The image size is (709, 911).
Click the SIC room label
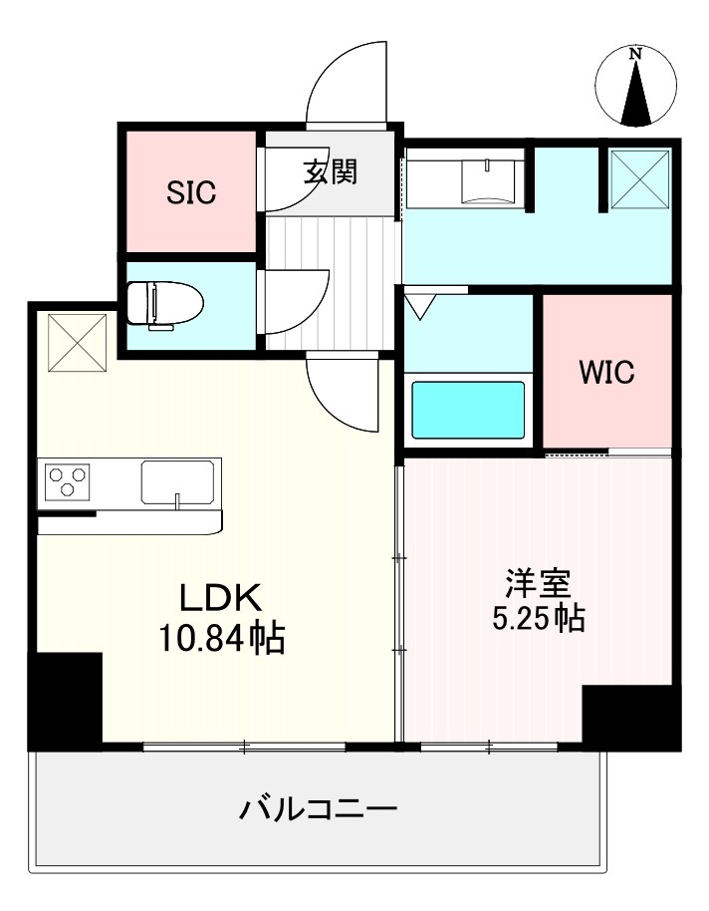pos(190,192)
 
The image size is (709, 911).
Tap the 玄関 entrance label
pos(330,171)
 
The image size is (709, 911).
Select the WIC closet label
pos(606,373)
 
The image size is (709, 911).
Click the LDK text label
pos(220,598)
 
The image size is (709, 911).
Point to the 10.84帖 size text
pos(222,638)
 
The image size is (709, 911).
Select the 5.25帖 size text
pos(538,619)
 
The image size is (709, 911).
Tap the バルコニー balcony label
pos(318,806)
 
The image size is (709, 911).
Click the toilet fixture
pos(164,303)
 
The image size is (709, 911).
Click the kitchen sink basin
pos(180,483)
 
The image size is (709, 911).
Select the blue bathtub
pos(468,409)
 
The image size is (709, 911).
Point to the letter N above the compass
pos(636,55)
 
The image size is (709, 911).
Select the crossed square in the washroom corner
pos(638,178)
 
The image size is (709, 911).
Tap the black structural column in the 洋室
pos(631,716)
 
